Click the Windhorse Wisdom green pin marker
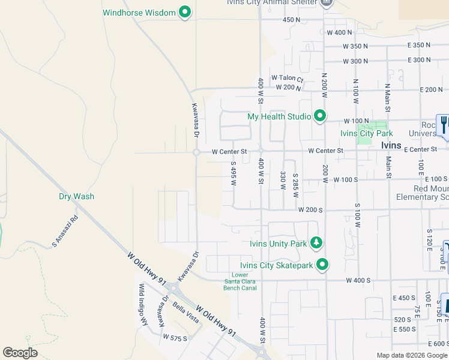185,12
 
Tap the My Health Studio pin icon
320,116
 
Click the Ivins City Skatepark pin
323,265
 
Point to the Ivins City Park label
366,133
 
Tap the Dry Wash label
76,196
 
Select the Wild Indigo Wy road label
143,305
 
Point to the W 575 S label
175,338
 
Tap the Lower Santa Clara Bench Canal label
240,281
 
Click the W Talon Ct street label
288,78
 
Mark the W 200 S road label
310,210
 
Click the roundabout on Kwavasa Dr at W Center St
196,152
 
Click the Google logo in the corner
20,353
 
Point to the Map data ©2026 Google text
411,355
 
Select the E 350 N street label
418,45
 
